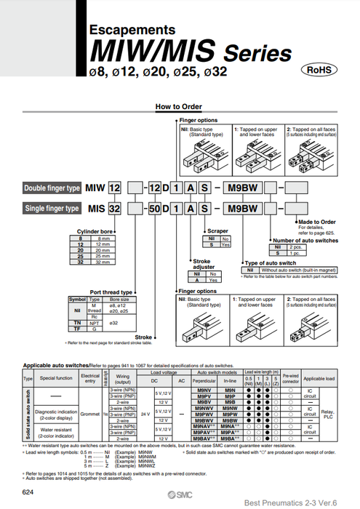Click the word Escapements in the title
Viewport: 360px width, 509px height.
[x=132, y=30]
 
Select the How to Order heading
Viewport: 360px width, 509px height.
[x=179, y=107]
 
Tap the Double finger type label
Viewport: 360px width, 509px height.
[x=52, y=188]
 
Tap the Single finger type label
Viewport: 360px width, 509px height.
[x=52, y=208]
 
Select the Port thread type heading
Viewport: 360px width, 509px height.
[x=111, y=292]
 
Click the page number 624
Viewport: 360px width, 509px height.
[x=28, y=493]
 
